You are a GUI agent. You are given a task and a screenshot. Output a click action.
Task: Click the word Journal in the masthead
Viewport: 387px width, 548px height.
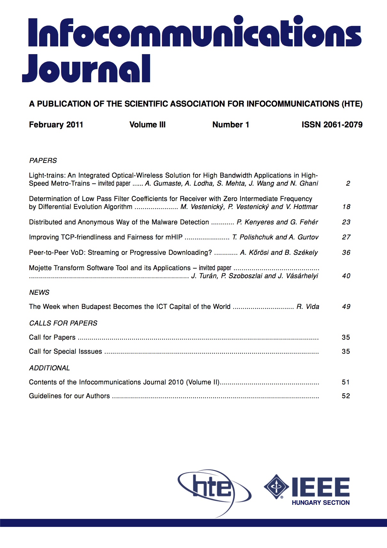(x=86, y=69)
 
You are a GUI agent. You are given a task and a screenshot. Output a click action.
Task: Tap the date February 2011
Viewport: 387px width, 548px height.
(x=56, y=125)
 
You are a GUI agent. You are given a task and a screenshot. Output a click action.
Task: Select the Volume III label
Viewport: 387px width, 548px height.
(x=147, y=125)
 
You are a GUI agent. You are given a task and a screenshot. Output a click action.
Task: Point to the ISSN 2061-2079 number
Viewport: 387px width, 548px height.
(x=332, y=125)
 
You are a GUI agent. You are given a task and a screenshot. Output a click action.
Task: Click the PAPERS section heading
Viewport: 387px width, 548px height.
(x=43, y=161)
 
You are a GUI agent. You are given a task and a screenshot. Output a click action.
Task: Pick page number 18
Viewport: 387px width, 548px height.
(x=346, y=207)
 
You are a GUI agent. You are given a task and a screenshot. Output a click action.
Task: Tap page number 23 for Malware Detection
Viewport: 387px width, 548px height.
(x=346, y=222)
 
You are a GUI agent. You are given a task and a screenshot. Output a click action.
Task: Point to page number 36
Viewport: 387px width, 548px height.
(x=346, y=253)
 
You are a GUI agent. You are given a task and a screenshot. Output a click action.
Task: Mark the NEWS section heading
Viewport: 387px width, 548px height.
(x=39, y=293)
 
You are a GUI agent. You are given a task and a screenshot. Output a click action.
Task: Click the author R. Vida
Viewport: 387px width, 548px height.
(x=308, y=307)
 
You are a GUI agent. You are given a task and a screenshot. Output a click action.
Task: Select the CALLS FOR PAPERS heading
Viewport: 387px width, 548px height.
(x=63, y=323)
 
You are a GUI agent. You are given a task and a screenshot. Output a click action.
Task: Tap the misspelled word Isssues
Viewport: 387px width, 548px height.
(x=89, y=351)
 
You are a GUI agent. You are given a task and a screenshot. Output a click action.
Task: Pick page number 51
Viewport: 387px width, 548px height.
(x=346, y=382)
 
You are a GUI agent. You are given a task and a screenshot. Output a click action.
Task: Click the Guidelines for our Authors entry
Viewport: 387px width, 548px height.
(x=69, y=396)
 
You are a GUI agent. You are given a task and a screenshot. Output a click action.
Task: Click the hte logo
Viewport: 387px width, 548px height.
(x=213, y=488)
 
